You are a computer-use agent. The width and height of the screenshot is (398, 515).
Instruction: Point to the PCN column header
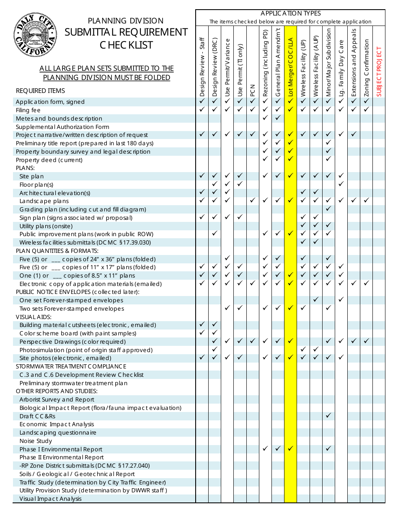(x=253, y=89)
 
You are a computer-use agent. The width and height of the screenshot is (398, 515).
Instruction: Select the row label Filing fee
(x=28, y=110)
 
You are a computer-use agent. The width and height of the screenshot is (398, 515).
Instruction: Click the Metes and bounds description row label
(x=59, y=118)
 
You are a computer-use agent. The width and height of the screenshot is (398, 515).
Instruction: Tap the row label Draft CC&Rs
(x=37, y=416)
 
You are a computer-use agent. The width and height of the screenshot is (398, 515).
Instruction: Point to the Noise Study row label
(x=36, y=441)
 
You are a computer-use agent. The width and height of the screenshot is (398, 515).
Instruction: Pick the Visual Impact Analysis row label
(x=50, y=499)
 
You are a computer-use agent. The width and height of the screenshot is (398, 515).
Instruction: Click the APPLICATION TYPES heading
(x=290, y=14)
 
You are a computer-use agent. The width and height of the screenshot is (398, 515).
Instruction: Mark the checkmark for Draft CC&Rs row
(x=328, y=416)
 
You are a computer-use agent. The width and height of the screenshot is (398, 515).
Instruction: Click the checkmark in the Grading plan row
(x=328, y=209)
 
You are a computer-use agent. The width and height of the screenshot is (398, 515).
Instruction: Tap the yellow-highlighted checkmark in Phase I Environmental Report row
(x=290, y=449)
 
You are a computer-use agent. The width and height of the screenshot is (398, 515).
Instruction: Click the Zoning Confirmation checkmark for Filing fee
(x=367, y=110)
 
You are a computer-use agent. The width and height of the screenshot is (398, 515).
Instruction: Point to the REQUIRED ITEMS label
(x=40, y=91)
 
